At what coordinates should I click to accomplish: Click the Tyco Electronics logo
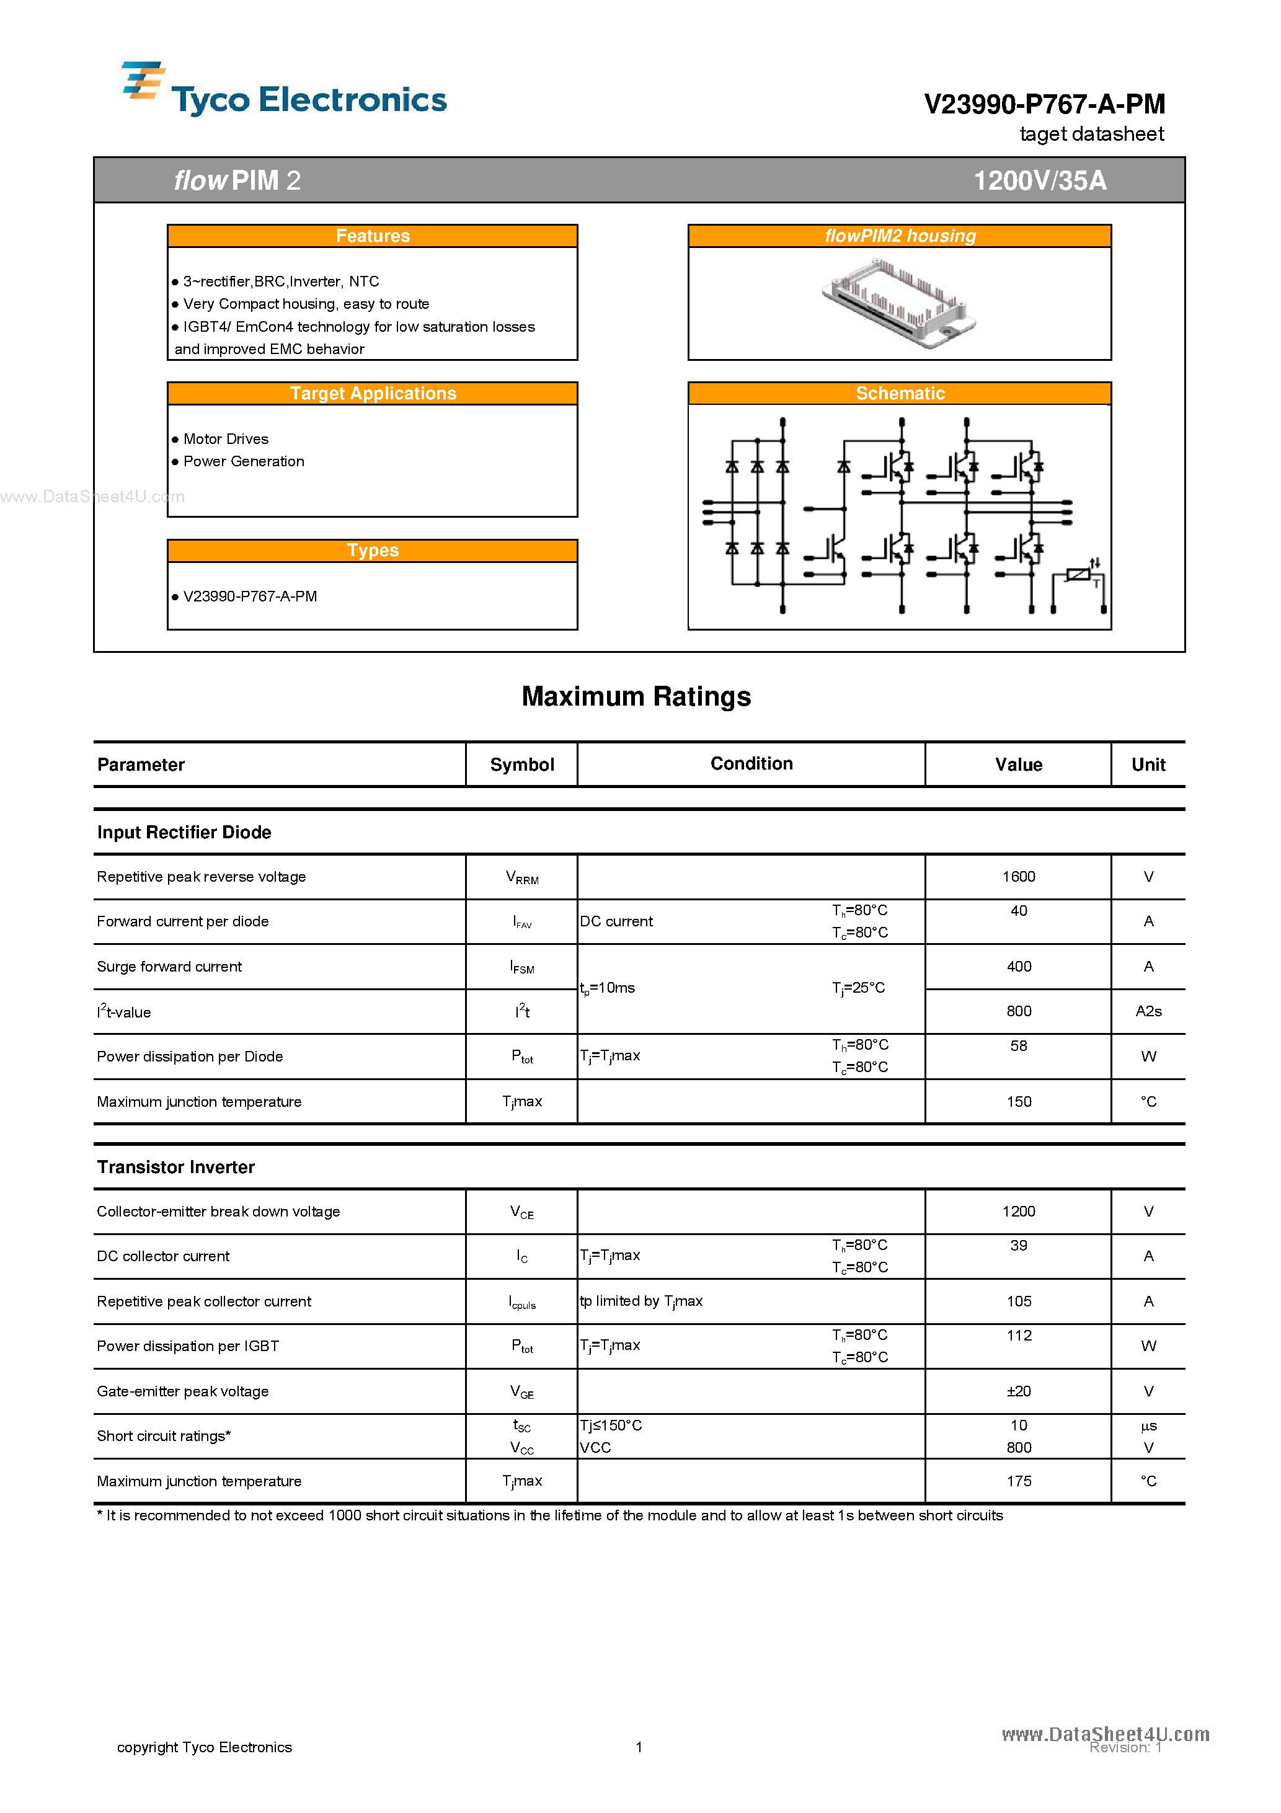pos(285,91)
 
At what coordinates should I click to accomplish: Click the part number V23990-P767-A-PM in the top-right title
pos(1044,104)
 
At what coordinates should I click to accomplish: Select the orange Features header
pos(372,236)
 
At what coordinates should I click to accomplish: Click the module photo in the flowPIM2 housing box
pos(899,304)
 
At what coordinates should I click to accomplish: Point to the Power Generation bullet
pos(243,462)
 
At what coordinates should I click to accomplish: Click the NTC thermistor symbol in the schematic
pos(1079,575)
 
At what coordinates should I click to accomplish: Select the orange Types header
pos(372,551)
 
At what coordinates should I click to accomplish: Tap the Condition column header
pos(751,763)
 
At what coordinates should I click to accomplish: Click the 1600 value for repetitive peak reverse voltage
pos(1018,877)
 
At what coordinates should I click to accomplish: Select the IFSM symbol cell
pos(522,967)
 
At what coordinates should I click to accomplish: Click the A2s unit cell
pos(1148,1011)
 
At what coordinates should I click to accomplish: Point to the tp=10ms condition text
pos(608,988)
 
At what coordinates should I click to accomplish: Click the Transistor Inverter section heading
pos(175,1167)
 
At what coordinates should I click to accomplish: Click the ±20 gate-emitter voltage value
pos(1018,1391)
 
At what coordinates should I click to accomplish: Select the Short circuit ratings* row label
pos(164,1437)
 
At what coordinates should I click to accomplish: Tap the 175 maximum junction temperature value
pos(1018,1481)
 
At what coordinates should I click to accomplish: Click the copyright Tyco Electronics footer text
pos(204,1747)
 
